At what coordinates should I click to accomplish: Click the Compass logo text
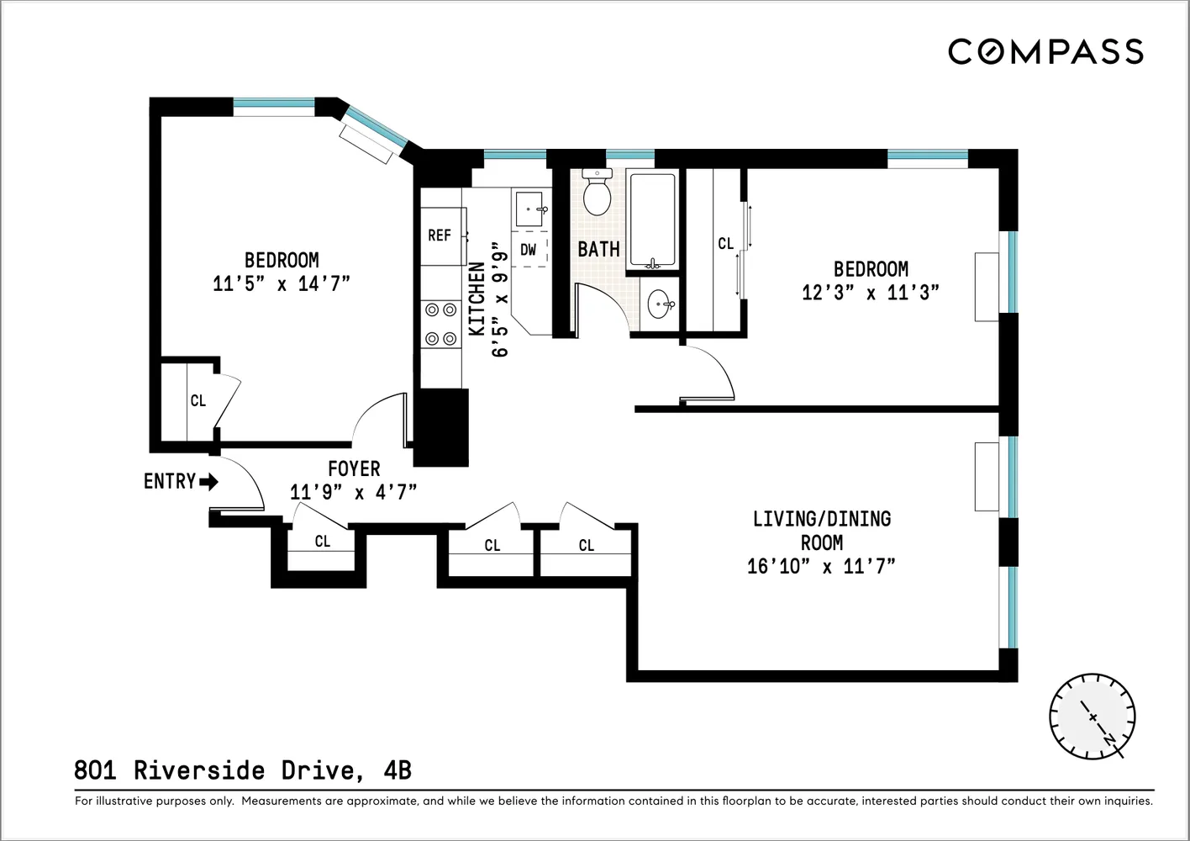pyautogui.click(x=1045, y=52)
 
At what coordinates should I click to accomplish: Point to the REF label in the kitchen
pyautogui.click(x=440, y=235)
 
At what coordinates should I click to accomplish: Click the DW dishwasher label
pyautogui.click(x=529, y=250)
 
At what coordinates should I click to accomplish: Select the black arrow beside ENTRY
pyautogui.click(x=208, y=482)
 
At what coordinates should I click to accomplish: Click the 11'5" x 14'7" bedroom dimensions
pyautogui.click(x=281, y=283)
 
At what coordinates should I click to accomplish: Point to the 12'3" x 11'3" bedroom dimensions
pyautogui.click(x=870, y=293)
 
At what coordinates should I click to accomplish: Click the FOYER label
pyautogui.click(x=354, y=469)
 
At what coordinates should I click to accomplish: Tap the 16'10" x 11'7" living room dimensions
pyautogui.click(x=821, y=567)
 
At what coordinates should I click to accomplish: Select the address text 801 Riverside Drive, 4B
pyautogui.click(x=243, y=770)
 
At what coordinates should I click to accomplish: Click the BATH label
pyautogui.click(x=598, y=249)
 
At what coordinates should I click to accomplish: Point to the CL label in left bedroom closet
pyautogui.click(x=198, y=401)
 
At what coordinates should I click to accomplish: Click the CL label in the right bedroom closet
pyautogui.click(x=726, y=244)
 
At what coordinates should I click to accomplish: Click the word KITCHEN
pyautogui.click(x=477, y=299)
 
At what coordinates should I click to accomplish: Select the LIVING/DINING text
pyautogui.click(x=821, y=519)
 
